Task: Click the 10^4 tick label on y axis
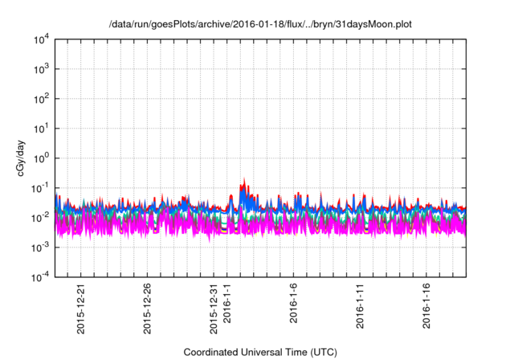(x=42, y=39)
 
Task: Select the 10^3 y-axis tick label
(x=42, y=68)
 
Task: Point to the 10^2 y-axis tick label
(x=42, y=98)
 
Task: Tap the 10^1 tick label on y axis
(x=42, y=128)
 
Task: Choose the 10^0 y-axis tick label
(x=42, y=157)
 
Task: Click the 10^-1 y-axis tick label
(x=41, y=187)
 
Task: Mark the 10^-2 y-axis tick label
(x=41, y=217)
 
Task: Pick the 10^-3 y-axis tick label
(x=41, y=247)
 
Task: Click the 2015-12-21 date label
(x=81, y=309)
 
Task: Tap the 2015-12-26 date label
(x=148, y=309)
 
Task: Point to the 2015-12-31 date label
(x=214, y=309)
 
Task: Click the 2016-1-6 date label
(x=295, y=305)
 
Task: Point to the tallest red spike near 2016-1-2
(x=244, y=180)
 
